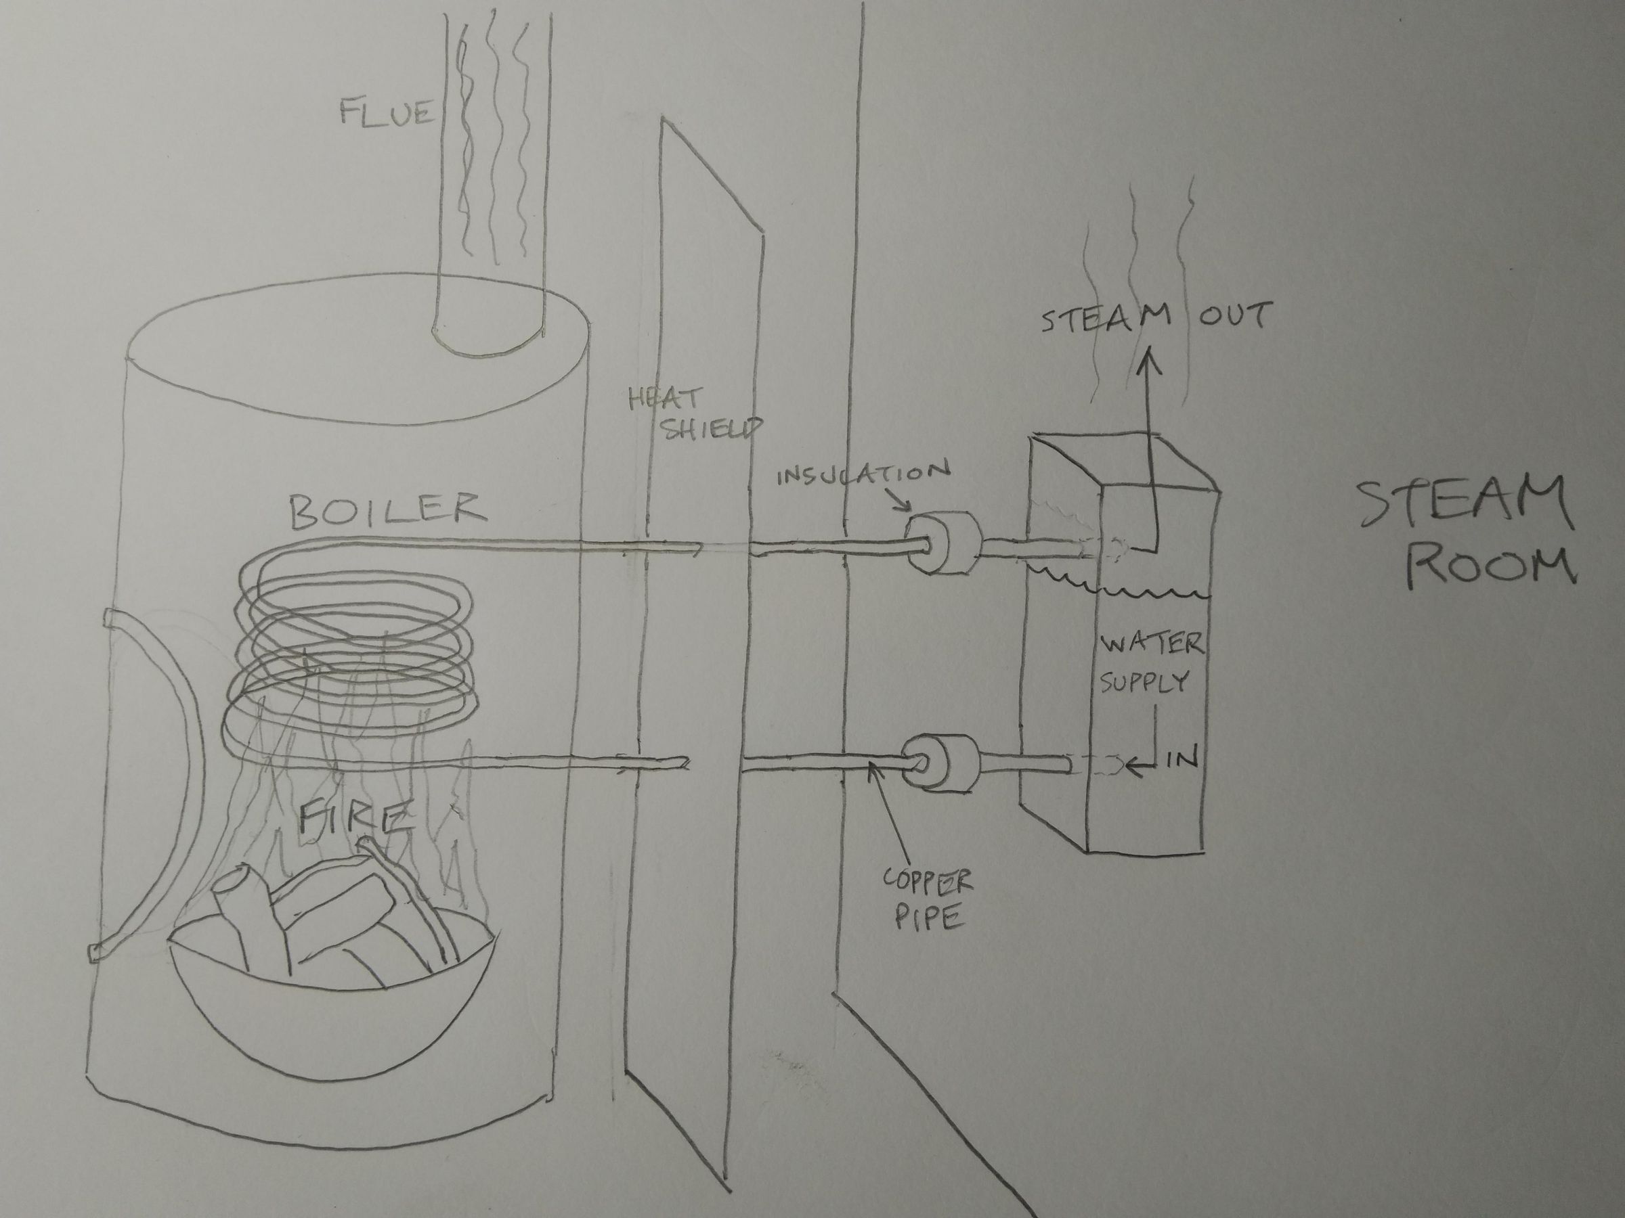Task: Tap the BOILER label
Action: point(387,511)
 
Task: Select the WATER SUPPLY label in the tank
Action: point(1150,663)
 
